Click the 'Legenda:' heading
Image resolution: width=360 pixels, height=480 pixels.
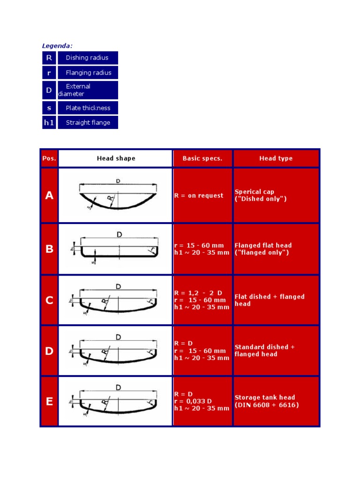tap(57, 45)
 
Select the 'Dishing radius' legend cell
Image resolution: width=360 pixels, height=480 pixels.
tap(87, 58)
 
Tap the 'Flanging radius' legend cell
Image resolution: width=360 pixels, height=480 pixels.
tap(88, 73)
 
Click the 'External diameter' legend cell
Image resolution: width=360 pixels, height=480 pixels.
tap(87, 90)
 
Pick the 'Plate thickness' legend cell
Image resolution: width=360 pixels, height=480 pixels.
tap(88, 108)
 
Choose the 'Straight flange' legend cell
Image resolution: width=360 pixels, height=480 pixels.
tap(88, 122)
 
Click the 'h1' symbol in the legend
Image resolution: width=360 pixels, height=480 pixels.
tap(49, 122)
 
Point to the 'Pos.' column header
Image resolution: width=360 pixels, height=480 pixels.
tap(49, 158)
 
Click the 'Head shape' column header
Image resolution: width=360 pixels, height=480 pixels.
tap(116, 158)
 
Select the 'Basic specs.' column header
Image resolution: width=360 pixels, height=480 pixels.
tap(202, 158)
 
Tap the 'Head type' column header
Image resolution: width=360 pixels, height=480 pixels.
tap(276, 158)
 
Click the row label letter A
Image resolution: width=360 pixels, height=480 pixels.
tap(49, 195)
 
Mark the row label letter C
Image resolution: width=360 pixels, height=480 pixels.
tap(49, 300)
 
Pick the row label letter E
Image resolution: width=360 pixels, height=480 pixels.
tap(49, 401)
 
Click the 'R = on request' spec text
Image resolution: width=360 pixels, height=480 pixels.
tap(199, 195)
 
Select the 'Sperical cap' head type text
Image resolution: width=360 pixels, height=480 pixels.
tap(255, 192)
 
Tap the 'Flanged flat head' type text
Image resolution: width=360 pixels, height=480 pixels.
tap(263, 245)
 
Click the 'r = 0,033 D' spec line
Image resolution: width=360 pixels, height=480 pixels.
tap(193, 401)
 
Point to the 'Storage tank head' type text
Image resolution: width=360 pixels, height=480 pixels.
tap(265, 397)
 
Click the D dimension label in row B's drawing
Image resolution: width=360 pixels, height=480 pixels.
tap(120, 234)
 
